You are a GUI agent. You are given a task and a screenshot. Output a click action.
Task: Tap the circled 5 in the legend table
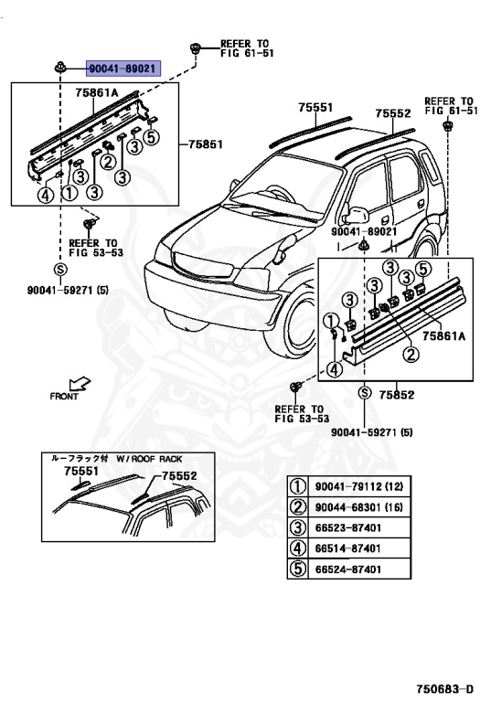click(x=298, y=569)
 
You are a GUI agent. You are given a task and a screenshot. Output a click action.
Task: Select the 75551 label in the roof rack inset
click(x=80, y=471)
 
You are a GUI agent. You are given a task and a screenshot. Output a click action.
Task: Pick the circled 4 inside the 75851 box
click(x=44, y=194)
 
